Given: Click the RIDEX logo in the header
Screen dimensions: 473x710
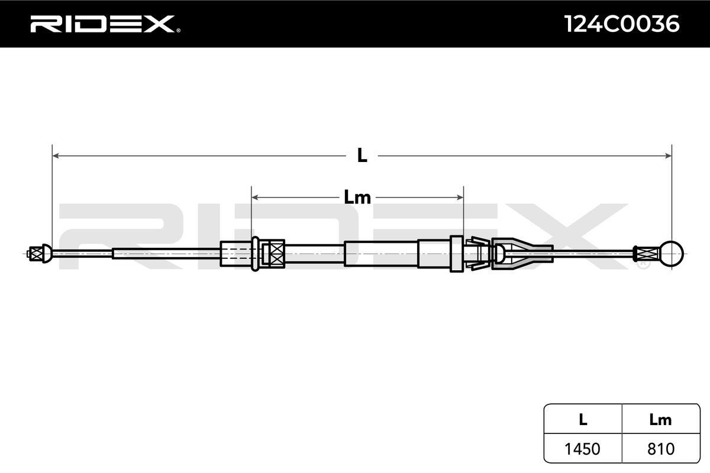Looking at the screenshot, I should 101,24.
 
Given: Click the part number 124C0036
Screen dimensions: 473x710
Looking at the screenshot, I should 621,24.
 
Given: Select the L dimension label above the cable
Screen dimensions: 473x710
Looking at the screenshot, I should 362,156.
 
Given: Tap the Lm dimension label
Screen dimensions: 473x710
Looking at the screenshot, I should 357,197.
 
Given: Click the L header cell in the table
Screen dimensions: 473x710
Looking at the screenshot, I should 583,420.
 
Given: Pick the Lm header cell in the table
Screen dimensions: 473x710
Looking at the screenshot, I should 660,420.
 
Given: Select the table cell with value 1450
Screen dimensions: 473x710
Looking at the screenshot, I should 583,449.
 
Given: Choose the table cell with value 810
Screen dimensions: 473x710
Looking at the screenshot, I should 660,449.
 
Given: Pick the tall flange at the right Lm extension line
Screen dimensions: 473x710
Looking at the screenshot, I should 456,254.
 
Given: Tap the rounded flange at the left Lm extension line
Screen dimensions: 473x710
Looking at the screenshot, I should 255,254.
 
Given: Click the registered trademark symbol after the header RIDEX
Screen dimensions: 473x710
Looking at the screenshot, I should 178,31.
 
